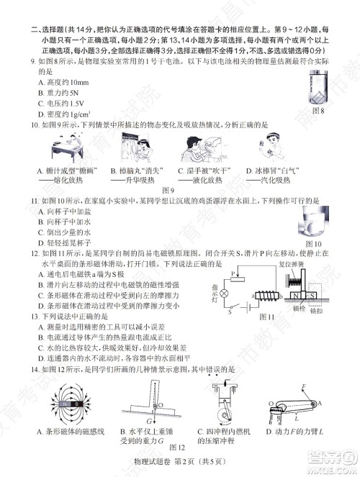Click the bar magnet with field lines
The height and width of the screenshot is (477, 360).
(63, 404)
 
